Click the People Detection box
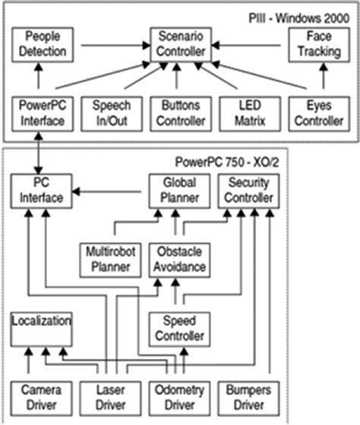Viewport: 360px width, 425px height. click(x=42, y=45)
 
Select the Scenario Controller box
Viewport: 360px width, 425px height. click(x=178, y=45)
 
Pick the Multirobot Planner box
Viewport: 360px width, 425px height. click(x=110, y=259)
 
